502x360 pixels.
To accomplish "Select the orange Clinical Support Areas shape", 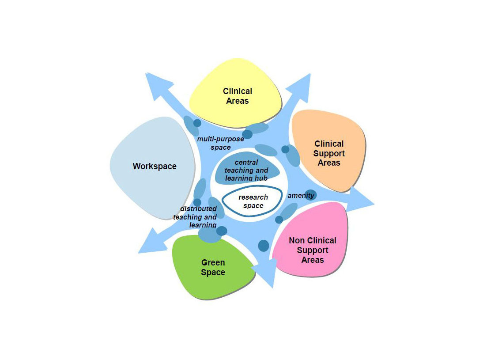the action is tap(328, 151).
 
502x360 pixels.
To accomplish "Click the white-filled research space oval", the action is tap(252, 201).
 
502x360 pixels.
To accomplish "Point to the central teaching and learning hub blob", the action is tap(246, 170).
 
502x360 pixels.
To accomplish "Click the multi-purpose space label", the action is tap(221, 143).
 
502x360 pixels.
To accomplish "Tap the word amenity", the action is tap(301, 195).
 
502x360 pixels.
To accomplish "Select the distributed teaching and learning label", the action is tap(195, 217).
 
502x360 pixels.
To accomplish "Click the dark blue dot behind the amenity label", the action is tap(310, 195).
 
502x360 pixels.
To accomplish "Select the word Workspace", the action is tap(155, 166).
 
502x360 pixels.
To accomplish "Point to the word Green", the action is tap(213, 263).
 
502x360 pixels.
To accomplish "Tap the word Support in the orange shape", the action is tap(329, 153).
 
